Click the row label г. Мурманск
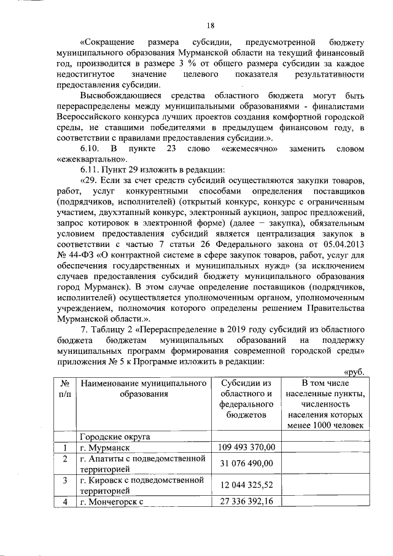click(105, 448)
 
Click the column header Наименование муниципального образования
click(142, 388)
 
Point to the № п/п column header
click(64, 388)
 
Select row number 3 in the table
click(64, 480)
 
